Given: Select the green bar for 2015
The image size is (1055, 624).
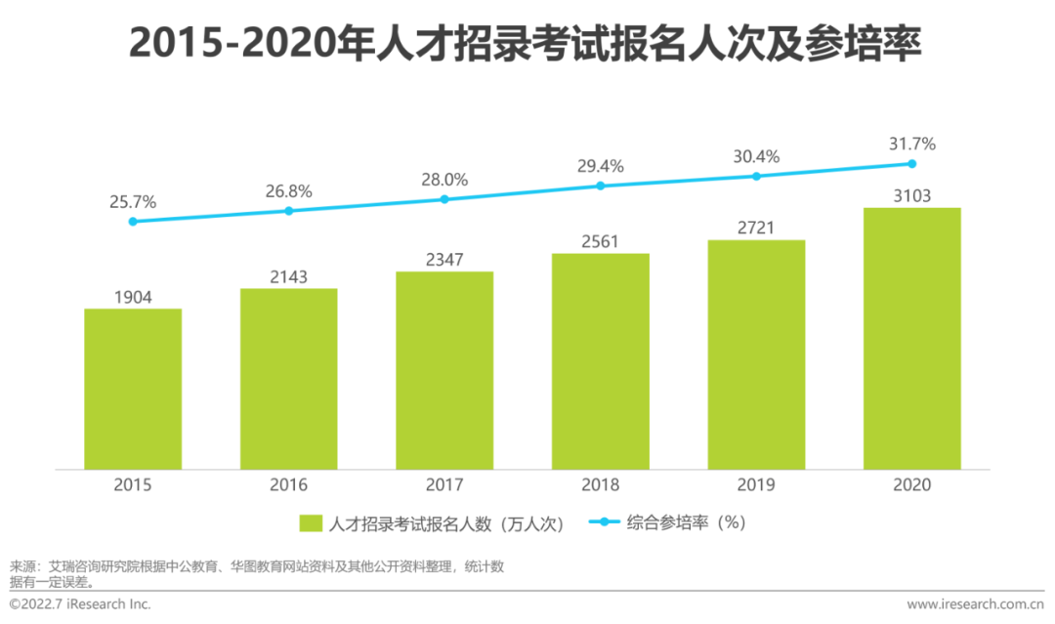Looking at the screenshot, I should coord(133,389).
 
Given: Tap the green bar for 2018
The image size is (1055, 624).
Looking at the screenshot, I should coord(601,361).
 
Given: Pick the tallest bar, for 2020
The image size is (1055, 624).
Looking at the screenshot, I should coord(912,338).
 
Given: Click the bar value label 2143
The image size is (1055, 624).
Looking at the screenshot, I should coord(288,277).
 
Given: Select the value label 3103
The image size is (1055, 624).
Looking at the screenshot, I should coord(912,196).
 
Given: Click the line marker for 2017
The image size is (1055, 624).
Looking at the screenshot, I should coord(444,199).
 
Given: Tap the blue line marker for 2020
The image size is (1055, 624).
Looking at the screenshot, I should coord(912,164).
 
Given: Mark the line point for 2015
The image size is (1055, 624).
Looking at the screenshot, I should coord(133,222).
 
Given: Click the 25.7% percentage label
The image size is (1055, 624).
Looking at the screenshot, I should coord(133,202).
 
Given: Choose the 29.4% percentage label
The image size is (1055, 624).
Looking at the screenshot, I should coord(601,166).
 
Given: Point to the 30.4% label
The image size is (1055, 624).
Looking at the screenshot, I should coord(756,156).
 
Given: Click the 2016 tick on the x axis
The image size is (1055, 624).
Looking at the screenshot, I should coord(288,485).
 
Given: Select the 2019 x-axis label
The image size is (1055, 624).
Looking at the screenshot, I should coord(756,485).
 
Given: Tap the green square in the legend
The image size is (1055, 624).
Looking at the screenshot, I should coord(312,523).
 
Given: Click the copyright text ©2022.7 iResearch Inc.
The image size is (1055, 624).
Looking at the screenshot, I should coord(80,604).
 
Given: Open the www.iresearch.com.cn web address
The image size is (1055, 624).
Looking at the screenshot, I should coord(976,604).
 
